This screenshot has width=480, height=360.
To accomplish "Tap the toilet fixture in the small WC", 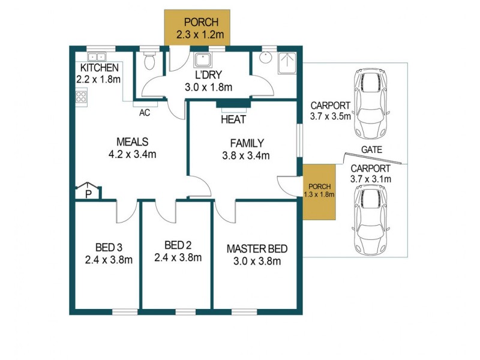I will (x=149, y=61).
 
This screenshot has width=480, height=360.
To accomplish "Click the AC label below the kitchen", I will (x=144, y=112).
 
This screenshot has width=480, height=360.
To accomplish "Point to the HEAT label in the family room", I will (x=233, y=119).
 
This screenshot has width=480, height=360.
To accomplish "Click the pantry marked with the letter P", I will (x=88, y=193).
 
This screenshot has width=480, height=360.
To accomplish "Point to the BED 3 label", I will (x=109, y=247).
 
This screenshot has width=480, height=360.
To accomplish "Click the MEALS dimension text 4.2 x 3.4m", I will (x=132, y=154).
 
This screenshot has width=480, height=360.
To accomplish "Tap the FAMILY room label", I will (x=247, y=143).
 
